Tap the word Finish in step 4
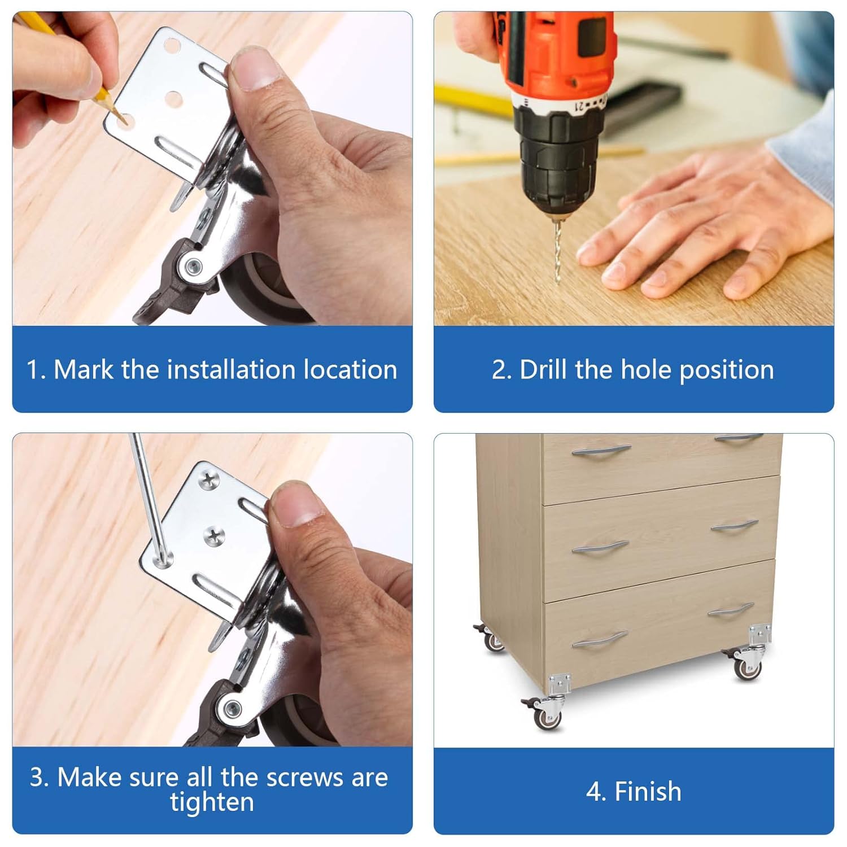pyautogui.click(x=648, y=791)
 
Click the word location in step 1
pyautogui.click(x=350, y=370)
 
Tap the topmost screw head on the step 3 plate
pyautogui.click(x=209, y=481)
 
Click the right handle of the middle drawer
pyautogui.click(x=734, y=526)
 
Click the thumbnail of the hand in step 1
pyautogui.click(x=256, y=69)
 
